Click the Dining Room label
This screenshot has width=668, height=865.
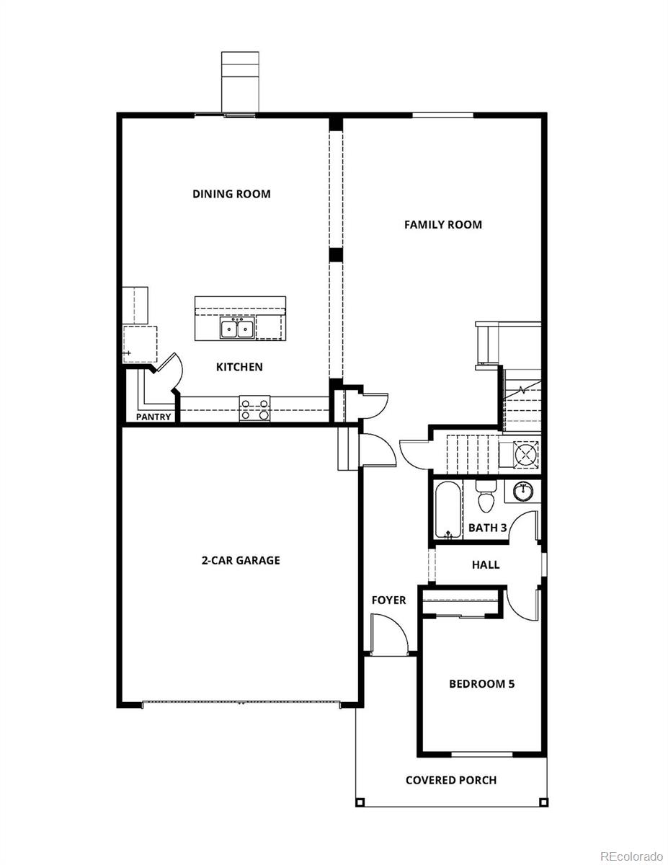tap(231, 194)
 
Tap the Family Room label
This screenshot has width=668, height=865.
tap(442, 225)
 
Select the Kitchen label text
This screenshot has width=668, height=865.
tap(239, 368)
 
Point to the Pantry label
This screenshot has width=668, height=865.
tap(154, 417)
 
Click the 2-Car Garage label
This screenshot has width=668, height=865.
tap(240, 560)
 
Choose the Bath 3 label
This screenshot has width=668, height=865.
tap(488, 528)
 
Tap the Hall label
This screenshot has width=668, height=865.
tap(486, 565)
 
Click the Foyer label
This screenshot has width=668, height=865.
tap(388, 600)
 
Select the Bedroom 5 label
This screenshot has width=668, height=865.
tap(481, 684)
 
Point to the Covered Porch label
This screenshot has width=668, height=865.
tap(450, 780)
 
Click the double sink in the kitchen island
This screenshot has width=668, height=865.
tap(237, 329)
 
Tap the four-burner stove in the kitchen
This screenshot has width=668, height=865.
tap(254, 409)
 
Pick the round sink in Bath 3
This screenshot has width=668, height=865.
tap(523, 492)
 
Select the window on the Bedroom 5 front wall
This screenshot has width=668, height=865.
tap(481, 754)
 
